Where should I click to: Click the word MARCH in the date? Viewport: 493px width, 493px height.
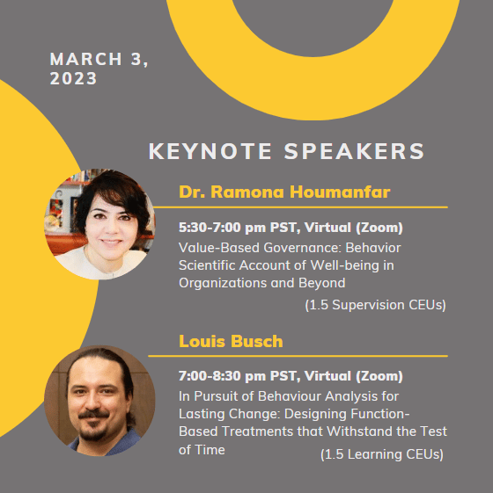[86, 59]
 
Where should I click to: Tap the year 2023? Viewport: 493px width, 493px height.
[73, 78]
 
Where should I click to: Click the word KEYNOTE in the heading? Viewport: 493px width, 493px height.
[210, 151]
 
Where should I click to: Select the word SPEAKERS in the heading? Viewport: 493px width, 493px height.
[355, 151]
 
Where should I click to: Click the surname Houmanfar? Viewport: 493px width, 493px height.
[340, 192]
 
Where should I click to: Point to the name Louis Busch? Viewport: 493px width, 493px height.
[231, 341]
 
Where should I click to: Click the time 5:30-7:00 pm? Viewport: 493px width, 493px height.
[222, 228]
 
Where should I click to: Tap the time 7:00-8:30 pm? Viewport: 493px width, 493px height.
[222, 376]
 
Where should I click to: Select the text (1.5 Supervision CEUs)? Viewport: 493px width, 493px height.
[376, 305]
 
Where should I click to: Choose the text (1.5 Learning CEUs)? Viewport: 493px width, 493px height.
[382, 454]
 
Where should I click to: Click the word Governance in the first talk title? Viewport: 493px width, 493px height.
[303, 248]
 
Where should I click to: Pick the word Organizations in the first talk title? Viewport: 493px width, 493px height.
[223, 283]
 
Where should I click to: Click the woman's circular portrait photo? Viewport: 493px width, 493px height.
[99, 224]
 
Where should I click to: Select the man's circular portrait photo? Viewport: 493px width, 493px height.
[99, 401]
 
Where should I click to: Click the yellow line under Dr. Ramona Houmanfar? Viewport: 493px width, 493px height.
[300, 207]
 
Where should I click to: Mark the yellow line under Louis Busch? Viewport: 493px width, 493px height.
[298, 356]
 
